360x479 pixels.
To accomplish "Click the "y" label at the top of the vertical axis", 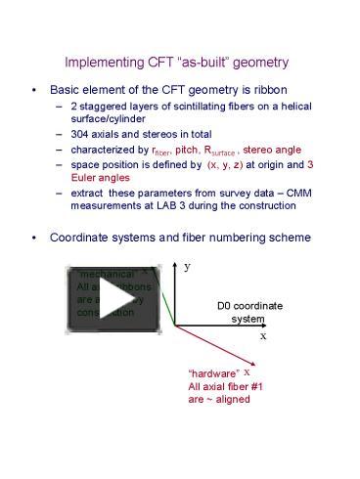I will pos(187,266).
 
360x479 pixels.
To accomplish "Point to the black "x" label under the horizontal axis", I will pos(262,334).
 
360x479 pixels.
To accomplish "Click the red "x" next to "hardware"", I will pos(247,371).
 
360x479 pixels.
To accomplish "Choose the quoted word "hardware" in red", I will pos(213,373).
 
